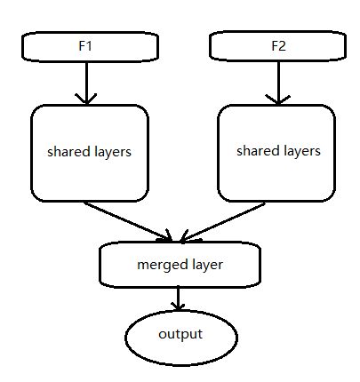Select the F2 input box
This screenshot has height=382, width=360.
276,47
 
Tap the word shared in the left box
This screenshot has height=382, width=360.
66,152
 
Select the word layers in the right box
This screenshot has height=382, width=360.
300,151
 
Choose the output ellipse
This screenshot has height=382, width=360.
180,335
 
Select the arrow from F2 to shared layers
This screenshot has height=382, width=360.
276,83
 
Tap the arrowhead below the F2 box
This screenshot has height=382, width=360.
276,99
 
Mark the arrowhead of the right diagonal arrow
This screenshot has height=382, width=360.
186,237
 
